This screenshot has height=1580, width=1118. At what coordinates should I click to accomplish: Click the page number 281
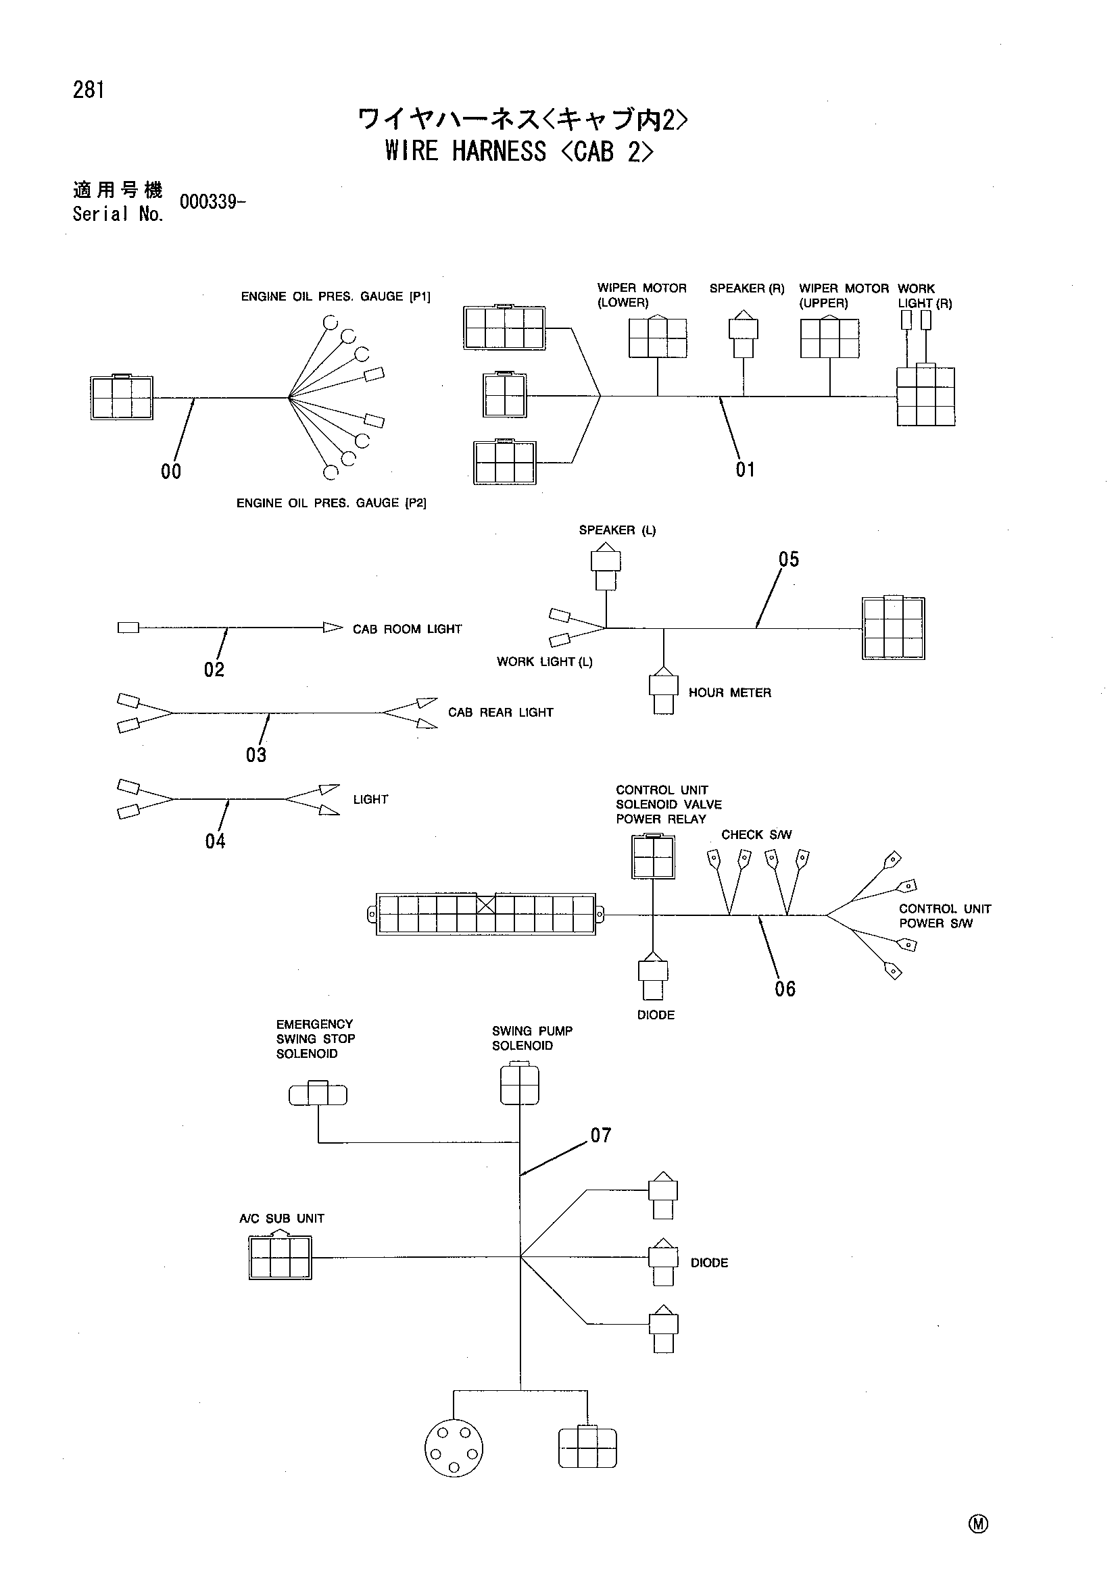tap(89, 90)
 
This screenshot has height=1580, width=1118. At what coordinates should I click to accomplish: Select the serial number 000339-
tap(212, 203)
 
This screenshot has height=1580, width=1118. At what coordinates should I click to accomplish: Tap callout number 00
tap(171, 472)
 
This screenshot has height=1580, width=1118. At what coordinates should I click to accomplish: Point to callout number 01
tap(746, 470)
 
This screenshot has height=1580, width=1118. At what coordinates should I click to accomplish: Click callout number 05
tap(789, 559)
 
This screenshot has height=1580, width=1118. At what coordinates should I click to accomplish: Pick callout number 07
tap(601, 1135)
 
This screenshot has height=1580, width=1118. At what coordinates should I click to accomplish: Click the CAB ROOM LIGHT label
tap(407, 629)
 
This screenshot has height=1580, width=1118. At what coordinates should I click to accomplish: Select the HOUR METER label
tap(730, 692)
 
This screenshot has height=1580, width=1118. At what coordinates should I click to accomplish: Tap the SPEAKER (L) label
tap(618, 530)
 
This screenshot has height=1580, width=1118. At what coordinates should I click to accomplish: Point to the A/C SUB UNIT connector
tap(281, 1256)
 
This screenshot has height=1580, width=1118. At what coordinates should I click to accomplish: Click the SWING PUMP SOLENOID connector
tap(520, 1083)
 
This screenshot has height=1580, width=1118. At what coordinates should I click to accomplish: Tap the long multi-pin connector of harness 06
tap(486, 914)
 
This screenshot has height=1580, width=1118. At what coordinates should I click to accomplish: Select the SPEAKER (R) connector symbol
tap(744, 334)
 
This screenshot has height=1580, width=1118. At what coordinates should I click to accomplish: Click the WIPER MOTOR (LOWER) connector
tap(658, 337)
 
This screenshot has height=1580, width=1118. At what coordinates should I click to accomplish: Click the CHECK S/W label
tap(756, 835)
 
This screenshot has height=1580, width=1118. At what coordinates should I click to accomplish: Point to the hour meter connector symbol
tap(664, 690)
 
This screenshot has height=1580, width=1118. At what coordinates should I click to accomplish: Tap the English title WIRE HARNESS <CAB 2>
tap(520, 151)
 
